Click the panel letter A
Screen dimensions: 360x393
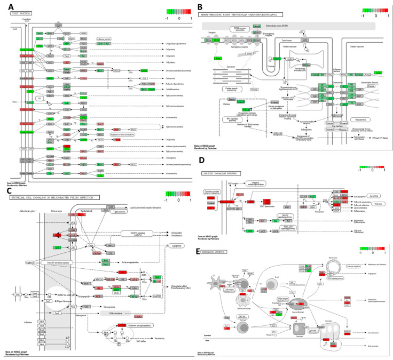(6, 6)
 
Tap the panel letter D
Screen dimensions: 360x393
(201, 161)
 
